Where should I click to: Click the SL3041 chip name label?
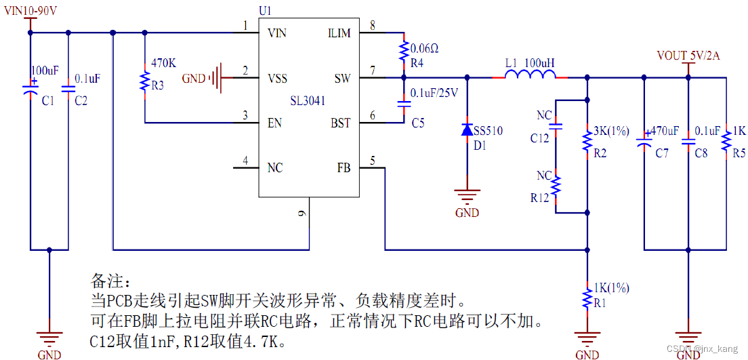pyautogui.click(x=308, y=101)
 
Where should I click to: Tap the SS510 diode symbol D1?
pyautogui.click(x=467, y=129)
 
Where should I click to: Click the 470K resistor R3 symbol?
pyautogui.click(x=144, y=81)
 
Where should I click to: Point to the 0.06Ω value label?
pyautogui.click(x=425, y=48)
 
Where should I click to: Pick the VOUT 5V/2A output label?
pyautogui.click(x=688, y=56)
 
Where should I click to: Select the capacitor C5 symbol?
pyautogui.click(x=404, y=104)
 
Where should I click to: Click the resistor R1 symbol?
pyautogui.click(x=587, y=298)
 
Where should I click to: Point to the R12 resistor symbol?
pyautogui.click(x=556, y=185)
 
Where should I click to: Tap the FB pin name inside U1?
pyautogui.click(x=344, y=167)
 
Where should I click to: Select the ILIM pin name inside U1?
pyautogui.click(x=339, y=33)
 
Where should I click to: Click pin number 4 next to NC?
pyautogui.click(x=245, y=161)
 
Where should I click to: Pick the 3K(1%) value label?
pyautogui.click(x=610, y=130)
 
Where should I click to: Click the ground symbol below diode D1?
pyautogui.click(x=467, y=195)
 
